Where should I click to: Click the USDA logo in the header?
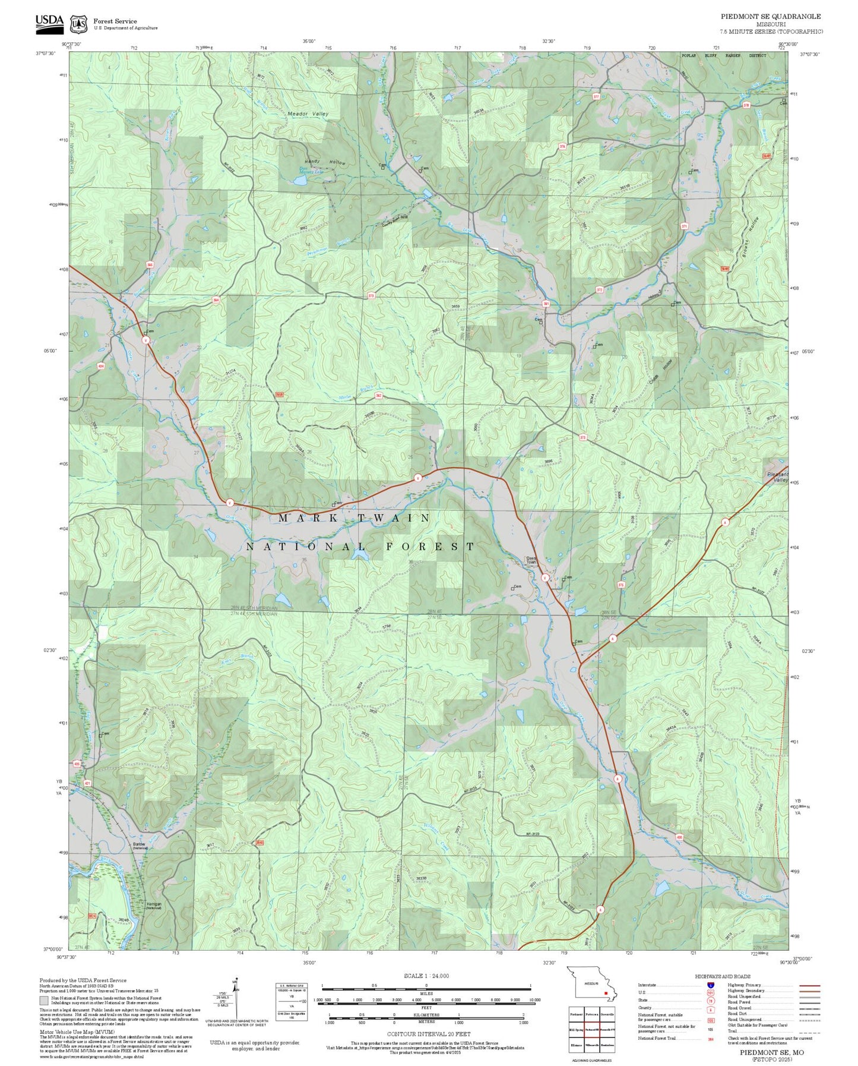coord(49,23)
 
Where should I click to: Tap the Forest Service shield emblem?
coord(78,24)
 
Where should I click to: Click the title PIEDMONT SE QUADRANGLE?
coord(771,17)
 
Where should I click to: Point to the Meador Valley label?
coord(308,113)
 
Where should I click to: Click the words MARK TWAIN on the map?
coord(354,518)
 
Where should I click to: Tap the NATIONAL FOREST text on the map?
coord(360,547)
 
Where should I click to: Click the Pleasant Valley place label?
coord(777,477)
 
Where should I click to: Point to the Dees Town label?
coord(531,560)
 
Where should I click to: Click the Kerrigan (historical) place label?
coord(154,906)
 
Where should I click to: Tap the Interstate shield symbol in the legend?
coord(710,985)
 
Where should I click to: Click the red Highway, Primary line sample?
coord(809,985)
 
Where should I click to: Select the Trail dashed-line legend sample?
coord(809,1032)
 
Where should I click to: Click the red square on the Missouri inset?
coord(606,992)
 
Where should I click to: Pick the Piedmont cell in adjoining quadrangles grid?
coord(576,1014)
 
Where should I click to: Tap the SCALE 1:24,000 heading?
coord(426,976)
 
